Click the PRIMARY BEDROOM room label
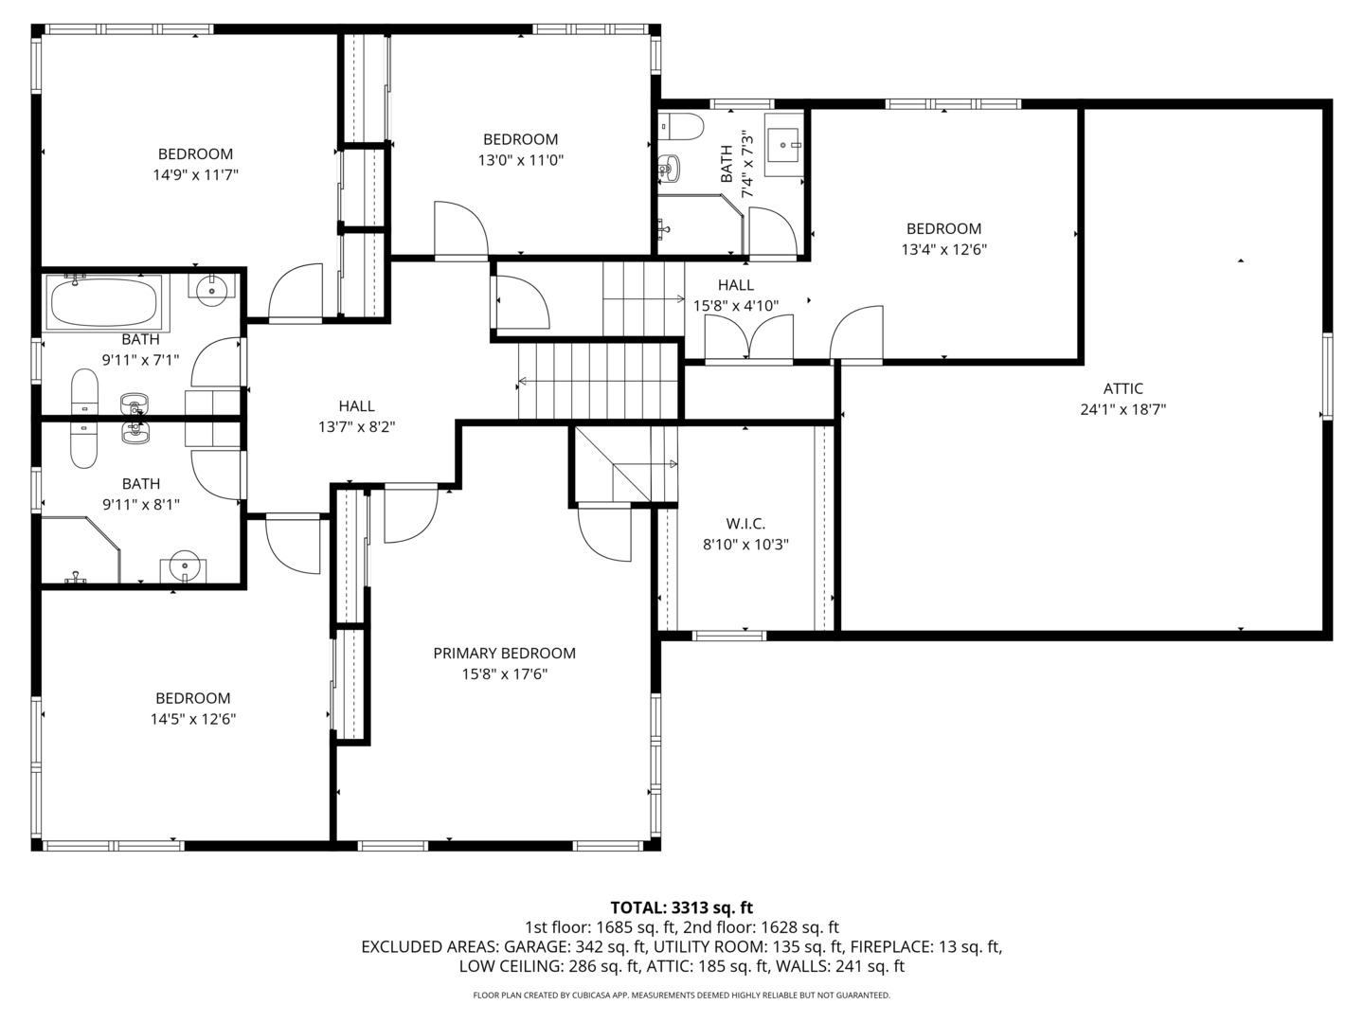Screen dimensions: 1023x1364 click(x=504, y=654)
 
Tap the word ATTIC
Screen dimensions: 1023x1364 click(x=1122, y=388)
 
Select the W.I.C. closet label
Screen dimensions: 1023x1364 click(x=745, y=524)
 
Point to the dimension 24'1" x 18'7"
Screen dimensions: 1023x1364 click(x=1122, y=410)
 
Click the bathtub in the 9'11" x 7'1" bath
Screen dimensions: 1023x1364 click(x=102, y=301)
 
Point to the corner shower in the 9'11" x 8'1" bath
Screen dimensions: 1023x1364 click(x=81, y=549)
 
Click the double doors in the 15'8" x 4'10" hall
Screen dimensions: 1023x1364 click(x=749, y=340)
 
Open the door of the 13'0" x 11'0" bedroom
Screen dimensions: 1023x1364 click(x=460, y=230)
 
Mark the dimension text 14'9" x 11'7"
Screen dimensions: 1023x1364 click(x=195, y=175)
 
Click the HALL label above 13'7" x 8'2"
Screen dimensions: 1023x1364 click(x=356, y=405)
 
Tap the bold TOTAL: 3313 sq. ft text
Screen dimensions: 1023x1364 click(x=681, y=907)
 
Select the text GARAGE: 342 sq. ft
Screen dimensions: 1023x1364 click(x=574, y=946)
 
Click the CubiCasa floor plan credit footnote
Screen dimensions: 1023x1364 click(x=681, y=996)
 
